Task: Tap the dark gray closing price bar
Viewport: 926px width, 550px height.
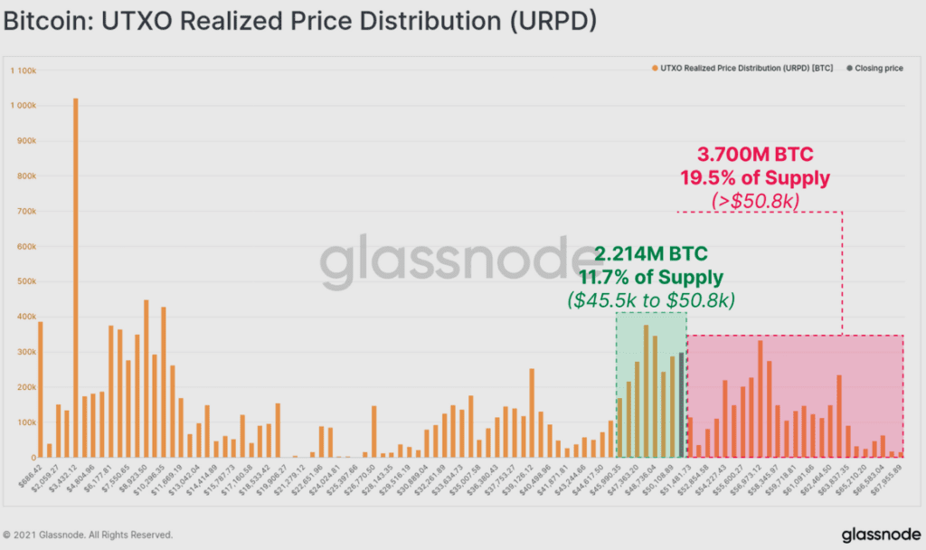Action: pos(681,405)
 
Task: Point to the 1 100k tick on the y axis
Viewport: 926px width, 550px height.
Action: pos(22,70)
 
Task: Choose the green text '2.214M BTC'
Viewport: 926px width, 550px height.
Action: pos(651,253)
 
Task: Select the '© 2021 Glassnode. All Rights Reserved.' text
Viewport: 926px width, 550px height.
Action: pos(88,535)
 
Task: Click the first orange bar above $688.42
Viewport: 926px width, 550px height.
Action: pos(41,390)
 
